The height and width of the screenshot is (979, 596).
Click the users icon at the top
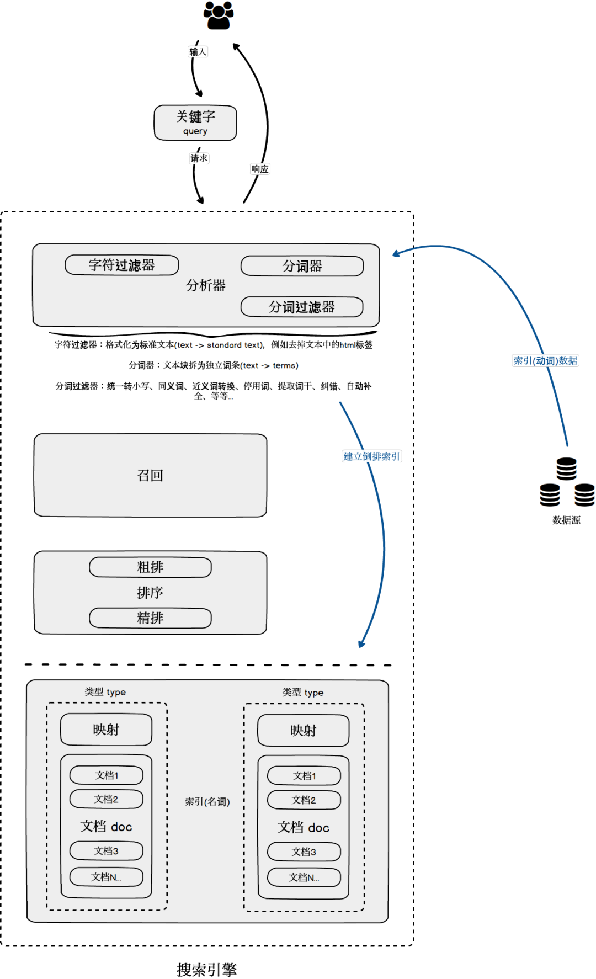pos(219,15)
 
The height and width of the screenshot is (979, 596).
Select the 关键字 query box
pos(195,123)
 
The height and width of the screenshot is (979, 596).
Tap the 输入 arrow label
pos(198,52)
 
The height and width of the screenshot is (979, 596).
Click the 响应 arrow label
pos(260,169)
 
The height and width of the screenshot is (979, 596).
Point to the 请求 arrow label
pos(199,158)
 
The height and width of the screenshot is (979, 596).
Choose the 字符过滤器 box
pos(122,265)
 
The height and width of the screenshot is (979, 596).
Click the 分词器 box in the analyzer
pos(302,266)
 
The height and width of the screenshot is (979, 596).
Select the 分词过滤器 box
pos(302,307)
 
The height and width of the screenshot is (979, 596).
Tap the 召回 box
pos(150,475)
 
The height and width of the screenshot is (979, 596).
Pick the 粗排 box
pos(150,567)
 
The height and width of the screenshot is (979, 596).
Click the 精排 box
pos(150,618)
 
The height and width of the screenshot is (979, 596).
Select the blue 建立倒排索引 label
pos(371,456)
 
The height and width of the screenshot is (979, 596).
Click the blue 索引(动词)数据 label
pos(545,361)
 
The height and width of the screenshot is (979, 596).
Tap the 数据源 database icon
pos(567,483)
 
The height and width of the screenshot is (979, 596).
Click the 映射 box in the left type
pos(106,730)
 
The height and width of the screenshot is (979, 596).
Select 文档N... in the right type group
pos(304,877)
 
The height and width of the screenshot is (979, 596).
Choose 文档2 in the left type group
pos(106,799)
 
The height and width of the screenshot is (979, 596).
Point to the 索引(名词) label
pos(207,802)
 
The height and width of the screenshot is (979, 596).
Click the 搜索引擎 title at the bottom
pos(206,969)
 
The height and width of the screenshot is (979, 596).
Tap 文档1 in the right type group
pos(304,776)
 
